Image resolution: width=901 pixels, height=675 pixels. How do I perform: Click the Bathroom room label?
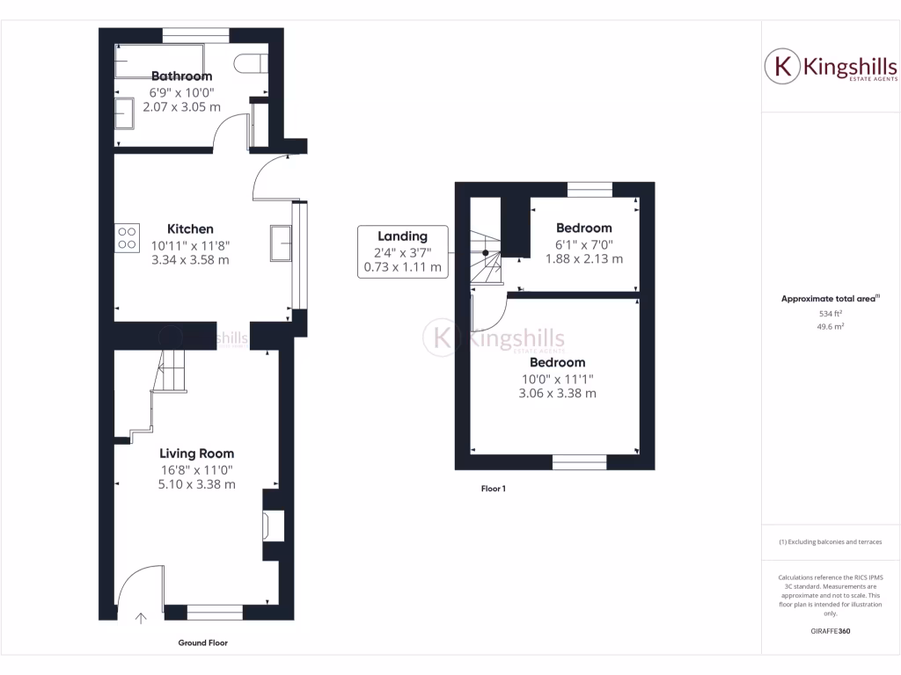[182, 76]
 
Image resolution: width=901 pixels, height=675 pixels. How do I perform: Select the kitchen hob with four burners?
[127, 237]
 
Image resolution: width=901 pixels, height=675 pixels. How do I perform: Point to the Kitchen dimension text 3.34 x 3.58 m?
[191, 260]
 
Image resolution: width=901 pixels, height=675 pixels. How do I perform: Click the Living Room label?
[196, 454]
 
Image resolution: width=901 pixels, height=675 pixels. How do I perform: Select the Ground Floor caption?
[203, 643]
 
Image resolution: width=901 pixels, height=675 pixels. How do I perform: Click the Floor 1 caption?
[493, 489]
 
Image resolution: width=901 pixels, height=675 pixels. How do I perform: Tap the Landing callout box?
[402, 251]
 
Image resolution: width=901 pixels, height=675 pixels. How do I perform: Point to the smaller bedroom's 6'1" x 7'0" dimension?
[583, 244]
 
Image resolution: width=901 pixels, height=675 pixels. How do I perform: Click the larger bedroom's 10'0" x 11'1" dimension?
[556, 379]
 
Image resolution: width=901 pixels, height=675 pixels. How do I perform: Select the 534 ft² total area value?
[831, 313]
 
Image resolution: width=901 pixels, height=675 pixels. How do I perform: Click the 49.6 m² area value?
[831, 325]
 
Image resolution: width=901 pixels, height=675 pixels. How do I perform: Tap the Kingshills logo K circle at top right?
[781, 66]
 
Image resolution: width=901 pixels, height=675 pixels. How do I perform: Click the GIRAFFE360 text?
[831, 631]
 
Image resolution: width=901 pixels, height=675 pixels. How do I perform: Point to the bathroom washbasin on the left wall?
[124, 112]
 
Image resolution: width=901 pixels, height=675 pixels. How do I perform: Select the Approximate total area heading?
[830, 299]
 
